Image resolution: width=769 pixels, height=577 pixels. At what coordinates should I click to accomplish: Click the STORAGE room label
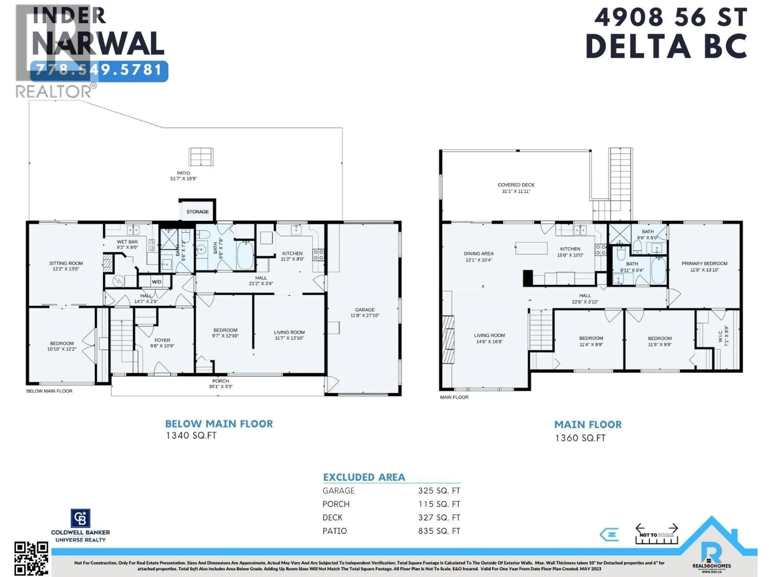click(x=197, y=211)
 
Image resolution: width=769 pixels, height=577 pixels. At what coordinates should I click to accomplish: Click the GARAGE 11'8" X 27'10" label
click(x=365, y=312)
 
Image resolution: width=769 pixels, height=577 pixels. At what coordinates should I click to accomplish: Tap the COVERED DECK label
click(x=516, y=188)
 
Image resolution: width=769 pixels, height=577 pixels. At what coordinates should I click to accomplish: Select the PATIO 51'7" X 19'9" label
click(x=184, y=176)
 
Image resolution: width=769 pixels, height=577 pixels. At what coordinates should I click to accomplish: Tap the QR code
click(x=31, y=558)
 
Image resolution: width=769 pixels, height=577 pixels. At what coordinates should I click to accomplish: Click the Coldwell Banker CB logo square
click(x=80, y=518)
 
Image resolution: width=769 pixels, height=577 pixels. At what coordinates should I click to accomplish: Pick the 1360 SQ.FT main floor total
click(x=580, y=438)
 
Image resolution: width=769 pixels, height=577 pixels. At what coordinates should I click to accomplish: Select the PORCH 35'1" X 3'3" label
click(x=220, y=384)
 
